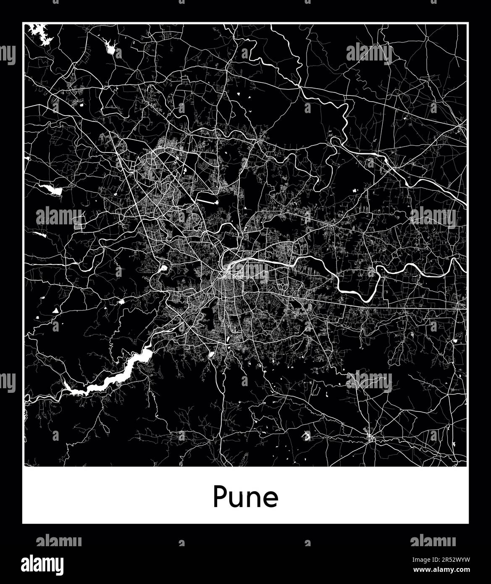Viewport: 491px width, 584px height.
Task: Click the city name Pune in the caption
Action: point(245,497)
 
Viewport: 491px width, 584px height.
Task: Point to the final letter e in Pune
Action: point(270,499)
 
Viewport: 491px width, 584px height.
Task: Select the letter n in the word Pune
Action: point(253,499)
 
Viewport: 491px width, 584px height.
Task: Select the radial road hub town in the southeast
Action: point(370,438)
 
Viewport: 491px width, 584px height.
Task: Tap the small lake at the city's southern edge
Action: point(212,354)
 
